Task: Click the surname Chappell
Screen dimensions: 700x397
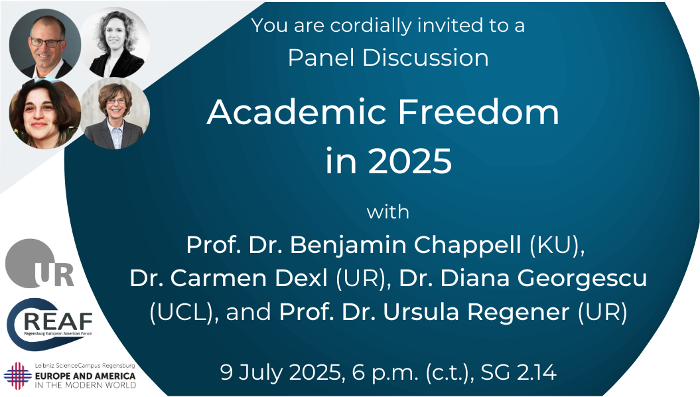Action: pyautogui.click(x=467, y=246)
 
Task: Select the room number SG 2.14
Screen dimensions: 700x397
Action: pyautogui.click(x=518, y=372)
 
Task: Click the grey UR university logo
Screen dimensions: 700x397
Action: pyautogui.click(x=39, y=264)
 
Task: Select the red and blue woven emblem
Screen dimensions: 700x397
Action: pyautogui.click(x=18, y=376)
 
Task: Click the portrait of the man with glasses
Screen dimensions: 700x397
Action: pyautogui.click(x=45, y=44)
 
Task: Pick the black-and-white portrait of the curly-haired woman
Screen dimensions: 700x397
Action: pyautogui.click(x=115, y=42)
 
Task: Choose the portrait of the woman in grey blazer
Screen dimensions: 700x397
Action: pyautogui.click(x=115, y=114)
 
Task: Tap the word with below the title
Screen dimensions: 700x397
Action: pyautogui.click(x=388, y=212)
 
